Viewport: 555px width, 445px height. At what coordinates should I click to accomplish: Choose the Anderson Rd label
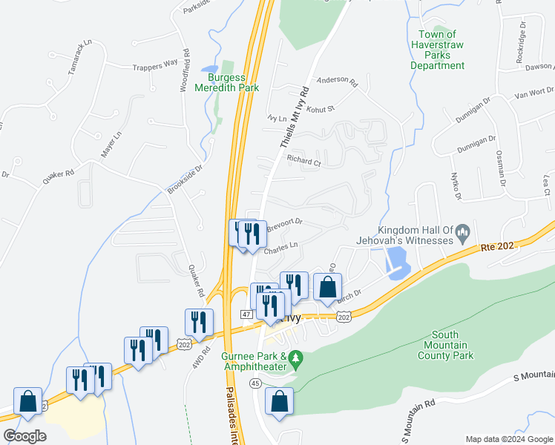pyautogui.click(x=337, y=80)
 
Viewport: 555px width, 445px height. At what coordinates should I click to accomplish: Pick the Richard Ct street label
pyautogui.click(x=303, y=160)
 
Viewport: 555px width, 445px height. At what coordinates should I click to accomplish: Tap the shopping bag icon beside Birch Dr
pyautogui.click(x=326, y=287)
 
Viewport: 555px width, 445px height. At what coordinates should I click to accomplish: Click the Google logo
pyautogui.click(x=24, y=436)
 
